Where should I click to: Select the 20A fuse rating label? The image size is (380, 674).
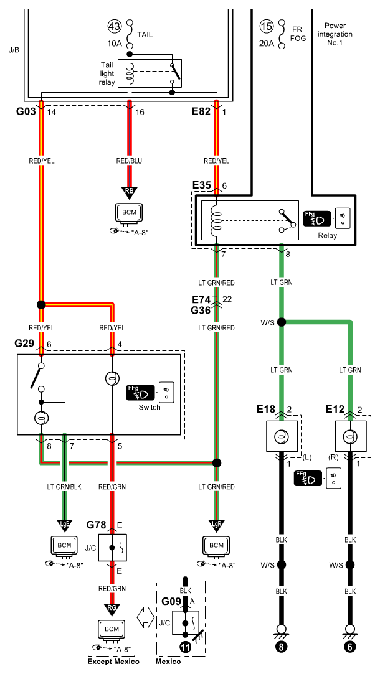pyautogui.click(x=267, y=43)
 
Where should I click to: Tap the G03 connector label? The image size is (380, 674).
pyautogui.click(x=26, y=112)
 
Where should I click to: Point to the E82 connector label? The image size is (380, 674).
pyautogui.click(x=201, y=112)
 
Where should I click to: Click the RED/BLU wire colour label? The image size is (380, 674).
pyautogui.click(x=129, y=161)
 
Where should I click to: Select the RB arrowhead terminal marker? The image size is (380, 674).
pyautogui.click(x=129, y=191)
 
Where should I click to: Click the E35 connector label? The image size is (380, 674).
pyautogui.click(x=201, y=185)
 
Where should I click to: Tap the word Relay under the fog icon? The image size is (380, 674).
pyautogui.click(x=328, y=235)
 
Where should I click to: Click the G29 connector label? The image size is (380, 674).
pyautogui.click(x=24, y=344)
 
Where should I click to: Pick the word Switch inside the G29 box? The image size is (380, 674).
pyautogui.click(x=150, y=407)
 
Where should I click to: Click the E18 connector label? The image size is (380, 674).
pyautogui.click(x=266, y=409)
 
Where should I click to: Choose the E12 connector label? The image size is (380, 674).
pyautogui.click(x=335, y=409)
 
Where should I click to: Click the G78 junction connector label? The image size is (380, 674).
pyautogui.click(x=96, y=525)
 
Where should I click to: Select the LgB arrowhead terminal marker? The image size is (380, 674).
pyautogui.click(x=65, y=525)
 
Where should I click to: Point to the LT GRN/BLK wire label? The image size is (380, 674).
pyautogui.click(x=64, y=487)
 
